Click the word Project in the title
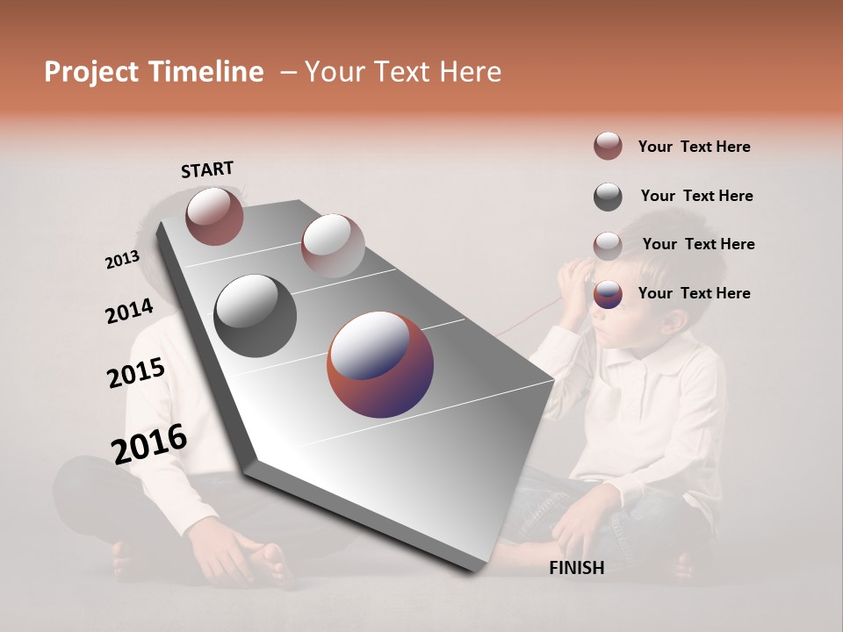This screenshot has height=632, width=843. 87,72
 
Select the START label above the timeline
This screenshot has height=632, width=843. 207,169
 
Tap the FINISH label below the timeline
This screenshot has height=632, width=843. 577,568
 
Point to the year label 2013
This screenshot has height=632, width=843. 122,260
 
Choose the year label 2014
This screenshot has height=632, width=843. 129,312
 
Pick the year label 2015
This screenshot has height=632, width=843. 136,373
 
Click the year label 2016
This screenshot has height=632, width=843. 149,444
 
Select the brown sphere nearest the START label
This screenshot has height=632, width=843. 214,216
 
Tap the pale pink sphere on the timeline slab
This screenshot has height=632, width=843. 333,246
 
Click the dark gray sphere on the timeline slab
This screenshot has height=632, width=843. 256,316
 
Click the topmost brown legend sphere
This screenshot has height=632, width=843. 608,146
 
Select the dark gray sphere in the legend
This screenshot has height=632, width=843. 608,197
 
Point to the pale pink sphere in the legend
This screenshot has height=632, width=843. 608,246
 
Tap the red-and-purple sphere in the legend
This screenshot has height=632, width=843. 608,294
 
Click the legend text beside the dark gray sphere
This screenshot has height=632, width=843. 696,196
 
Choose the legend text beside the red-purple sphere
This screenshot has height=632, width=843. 694,293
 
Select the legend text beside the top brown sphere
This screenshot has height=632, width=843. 694,147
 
